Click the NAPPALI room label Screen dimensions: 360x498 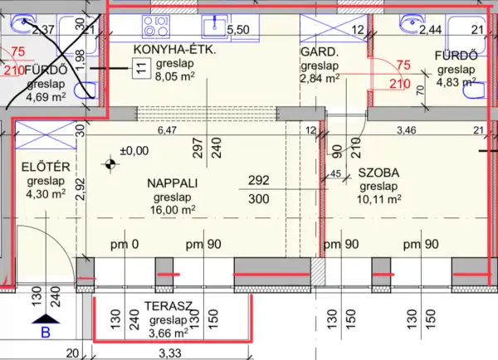click(x=173, y=182)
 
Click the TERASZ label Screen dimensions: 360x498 click(x=169, y=306)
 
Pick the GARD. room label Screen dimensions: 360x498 click(x=317, y=51)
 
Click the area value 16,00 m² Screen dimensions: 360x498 click(x=172, y=210)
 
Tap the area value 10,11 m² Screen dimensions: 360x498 click(x=379, y=199)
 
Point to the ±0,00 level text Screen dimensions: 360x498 click(x=134, y=151)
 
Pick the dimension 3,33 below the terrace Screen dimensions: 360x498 click(x=169, y=353)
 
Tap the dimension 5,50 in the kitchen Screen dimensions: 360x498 click(x=237, y=30)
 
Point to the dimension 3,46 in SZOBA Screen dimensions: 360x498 click(x=407, y=130)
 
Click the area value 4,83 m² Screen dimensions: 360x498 click(x=456, y=82)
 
